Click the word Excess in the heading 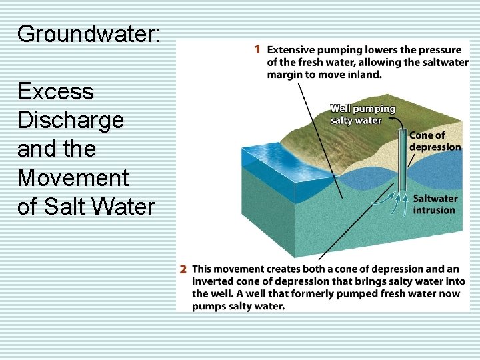[x=55, y=91]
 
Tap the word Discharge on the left [x=70, y=120]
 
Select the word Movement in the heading [x=73, y=178]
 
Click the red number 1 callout [x=257, y=49]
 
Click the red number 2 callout [x=183, y=269]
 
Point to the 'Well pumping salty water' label [x=363, y=114]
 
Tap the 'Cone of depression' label [x=435, y=141]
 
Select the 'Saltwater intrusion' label [x=435, y=204]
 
